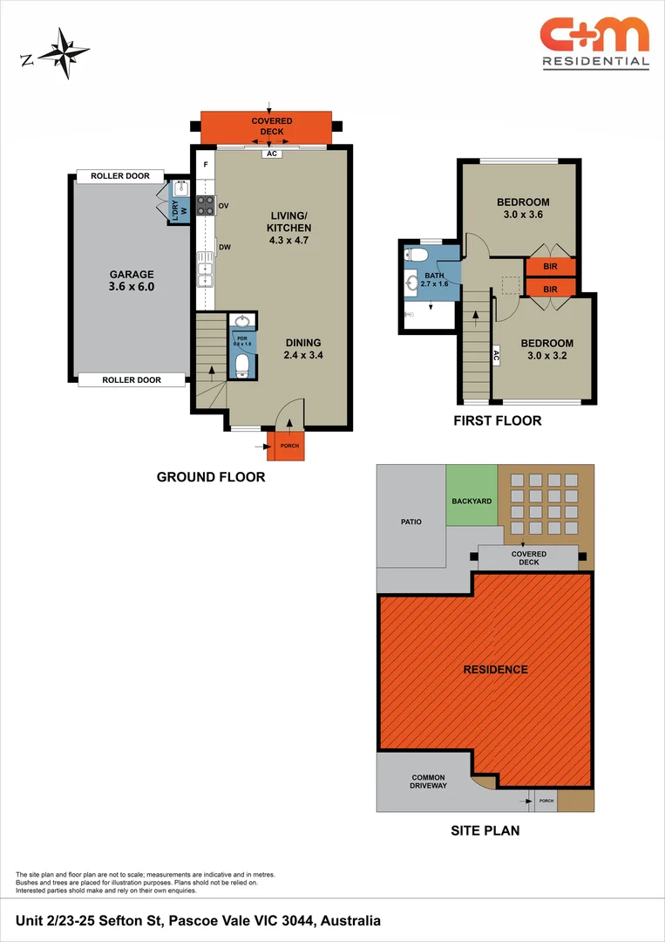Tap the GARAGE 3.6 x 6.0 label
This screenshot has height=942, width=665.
pos(131,279)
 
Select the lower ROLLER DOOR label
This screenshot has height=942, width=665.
pos(132,379)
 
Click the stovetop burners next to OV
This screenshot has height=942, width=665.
pos(206,206)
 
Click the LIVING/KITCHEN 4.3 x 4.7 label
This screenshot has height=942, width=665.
pos(288,228)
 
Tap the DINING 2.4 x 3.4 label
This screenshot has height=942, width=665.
pos(302,349)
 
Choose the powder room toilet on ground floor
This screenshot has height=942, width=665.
pos(241,365)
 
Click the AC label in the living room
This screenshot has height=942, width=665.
pos(271,154)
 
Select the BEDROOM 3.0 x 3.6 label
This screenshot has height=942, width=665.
pos(523,208)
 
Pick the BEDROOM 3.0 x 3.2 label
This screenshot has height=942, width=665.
pos(546,349)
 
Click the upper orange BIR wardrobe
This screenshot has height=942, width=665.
pos(550,267)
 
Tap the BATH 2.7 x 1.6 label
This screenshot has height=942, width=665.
pos(434,279)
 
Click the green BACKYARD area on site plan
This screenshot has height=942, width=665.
pos(472,502)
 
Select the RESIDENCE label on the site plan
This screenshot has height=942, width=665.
pos(495,669)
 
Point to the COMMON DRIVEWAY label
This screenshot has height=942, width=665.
pos(428,781)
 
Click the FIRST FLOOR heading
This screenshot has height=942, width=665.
pos(497,420)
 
